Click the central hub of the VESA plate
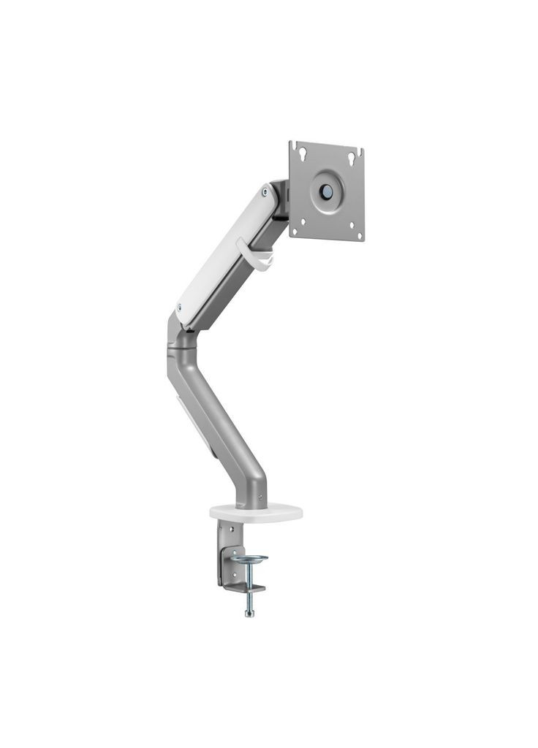tap(325, 189)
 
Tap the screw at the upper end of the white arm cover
tap(264, 194)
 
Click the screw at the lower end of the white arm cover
tap(180, 307)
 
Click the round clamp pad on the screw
tap(249, 559)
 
